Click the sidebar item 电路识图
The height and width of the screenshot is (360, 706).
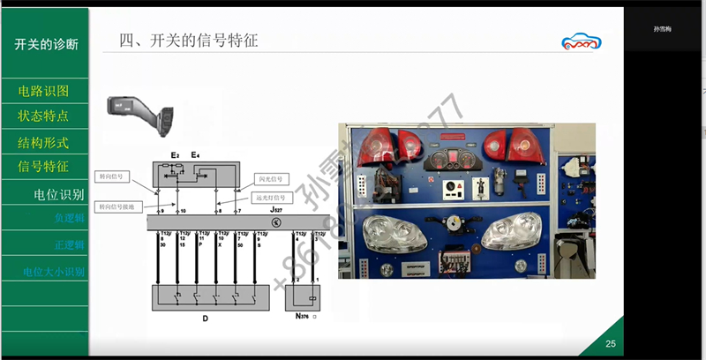(43, 91)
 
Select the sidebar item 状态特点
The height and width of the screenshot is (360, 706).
(43, 116)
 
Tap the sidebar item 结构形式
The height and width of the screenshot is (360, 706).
(43, 142)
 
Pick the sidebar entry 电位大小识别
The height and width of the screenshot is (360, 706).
(54, 272)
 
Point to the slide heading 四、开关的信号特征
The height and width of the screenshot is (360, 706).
(188, 41)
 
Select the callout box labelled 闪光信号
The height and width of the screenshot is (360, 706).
(271, 178)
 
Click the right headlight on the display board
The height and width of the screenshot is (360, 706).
(515, 235)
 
